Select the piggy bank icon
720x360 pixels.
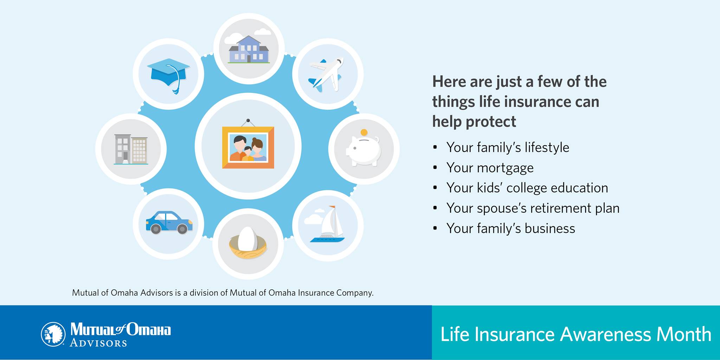tap(364, 149)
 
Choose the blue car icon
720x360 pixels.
tap(169, 223)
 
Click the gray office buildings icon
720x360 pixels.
tap(131, 149)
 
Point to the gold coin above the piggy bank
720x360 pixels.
tap(364, 133)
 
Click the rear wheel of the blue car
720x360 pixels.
tap(156, 229)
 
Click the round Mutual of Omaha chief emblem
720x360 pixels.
tap(53, 334)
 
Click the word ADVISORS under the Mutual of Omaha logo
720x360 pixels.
tap(98, 343)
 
